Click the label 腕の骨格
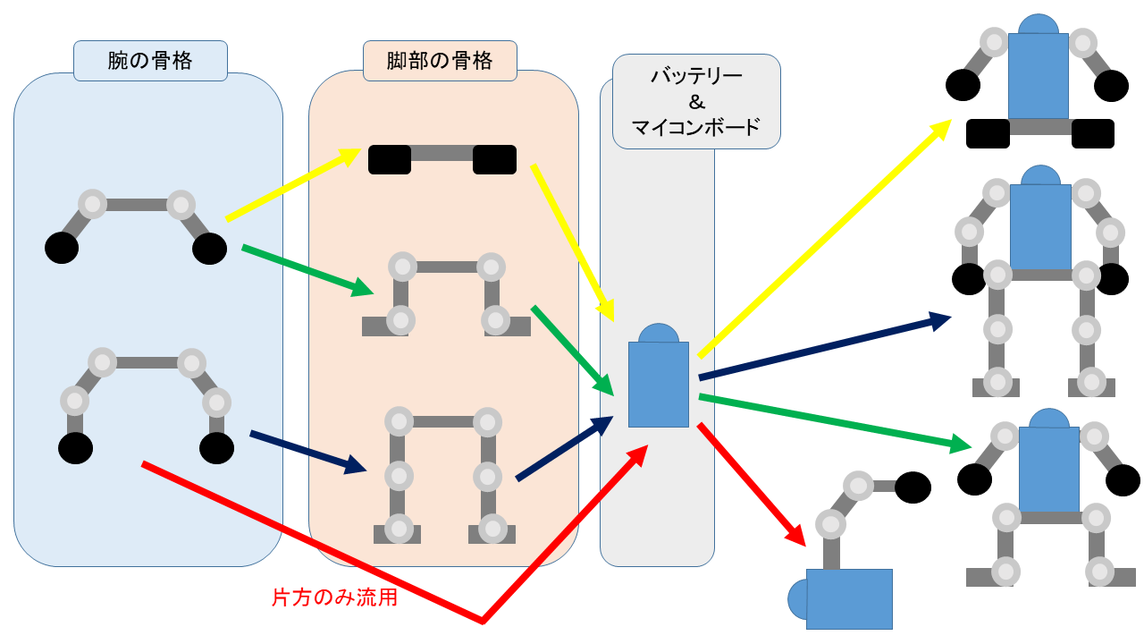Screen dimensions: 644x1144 coord(150,61)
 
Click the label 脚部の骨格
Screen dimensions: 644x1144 coord(439,61)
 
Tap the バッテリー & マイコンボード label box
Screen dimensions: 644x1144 coord(696,101)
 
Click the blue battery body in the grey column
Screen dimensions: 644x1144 coord(659,384)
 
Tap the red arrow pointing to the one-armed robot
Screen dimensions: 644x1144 coord(751,483)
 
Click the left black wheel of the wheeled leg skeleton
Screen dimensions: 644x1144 coord(390,160)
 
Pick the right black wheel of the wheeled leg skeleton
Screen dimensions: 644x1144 coord(494,160)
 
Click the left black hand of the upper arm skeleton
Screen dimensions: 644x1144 coord(62,248)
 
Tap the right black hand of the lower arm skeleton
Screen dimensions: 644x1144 coord(216,448)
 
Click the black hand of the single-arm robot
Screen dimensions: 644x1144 coord(913,487)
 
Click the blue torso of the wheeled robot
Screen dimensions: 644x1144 coord(1038,76)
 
